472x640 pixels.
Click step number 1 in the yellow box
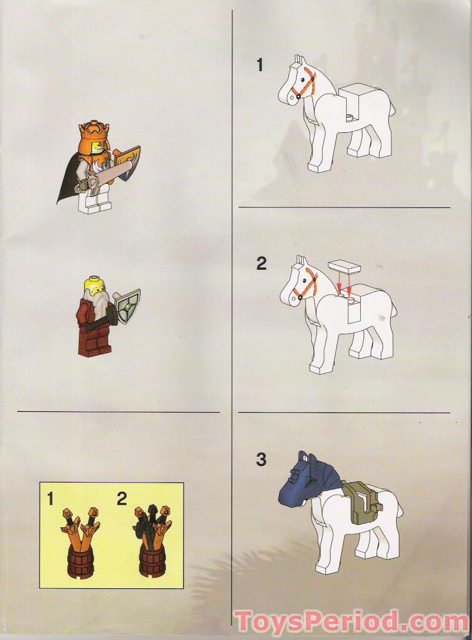point(51,500)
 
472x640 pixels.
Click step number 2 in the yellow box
point(122,500)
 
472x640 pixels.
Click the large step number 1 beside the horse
point(260,66)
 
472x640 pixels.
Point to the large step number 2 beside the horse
point(261,264)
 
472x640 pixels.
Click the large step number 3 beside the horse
point(261,460)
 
